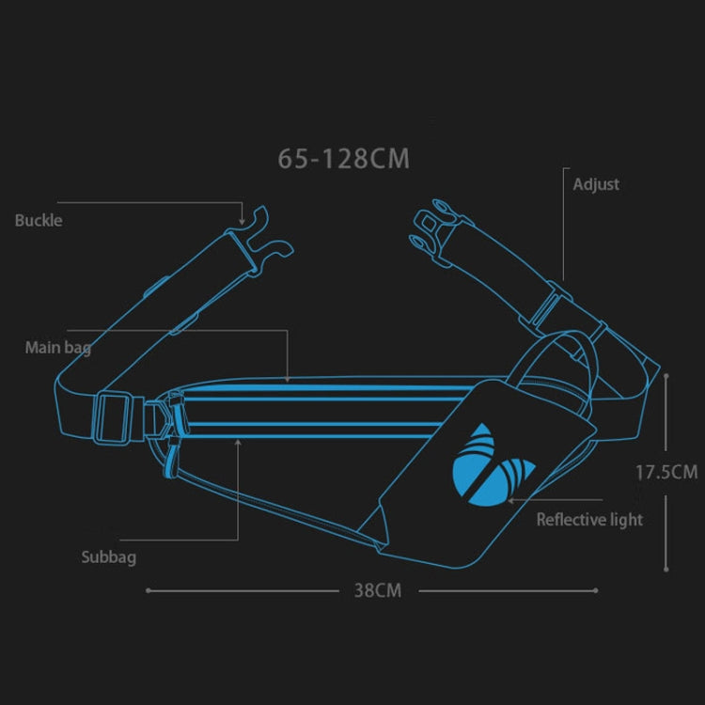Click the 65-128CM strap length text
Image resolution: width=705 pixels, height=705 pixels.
coord(343,158)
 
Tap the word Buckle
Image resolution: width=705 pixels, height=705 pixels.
coord(39,220)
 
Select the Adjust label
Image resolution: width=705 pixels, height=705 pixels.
coord(596,184)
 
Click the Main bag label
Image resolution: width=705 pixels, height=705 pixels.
coord(57,348)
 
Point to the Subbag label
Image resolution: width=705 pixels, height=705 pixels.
coord(108,557)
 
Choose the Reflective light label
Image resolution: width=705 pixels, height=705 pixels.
coord(589,519)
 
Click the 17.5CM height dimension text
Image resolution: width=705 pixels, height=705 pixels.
coord(666,472)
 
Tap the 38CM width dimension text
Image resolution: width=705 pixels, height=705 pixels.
coord(377,590)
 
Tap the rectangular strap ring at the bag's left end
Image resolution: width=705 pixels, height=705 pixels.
coord(112,417)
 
